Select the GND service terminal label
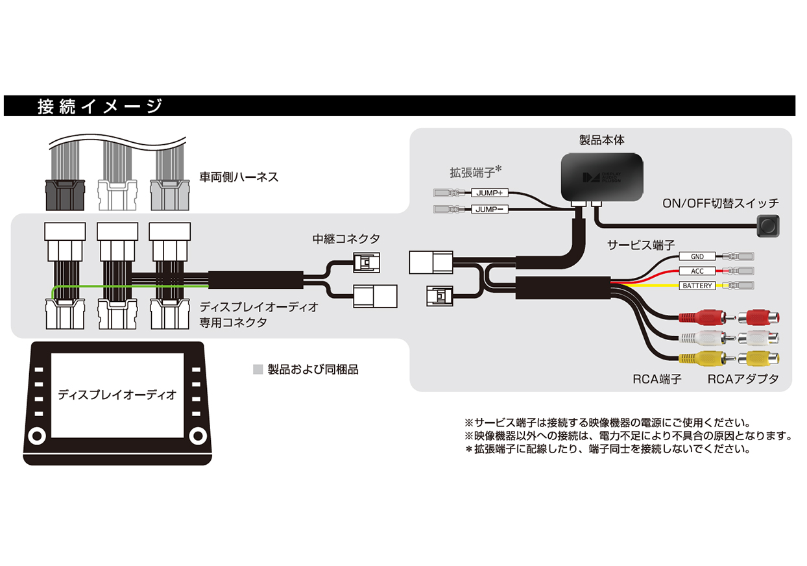697,256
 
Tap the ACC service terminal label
697,271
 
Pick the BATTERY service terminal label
697,286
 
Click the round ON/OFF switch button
768,225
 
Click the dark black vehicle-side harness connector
64,193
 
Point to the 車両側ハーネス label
239,177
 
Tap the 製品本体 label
601,140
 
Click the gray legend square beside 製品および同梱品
258,370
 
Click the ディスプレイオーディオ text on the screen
117,395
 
